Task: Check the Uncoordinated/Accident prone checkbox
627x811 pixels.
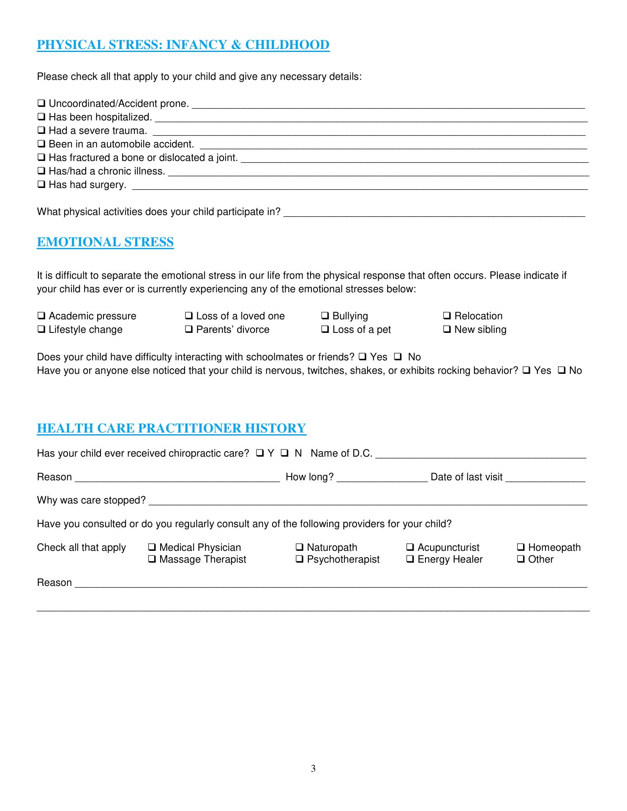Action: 41,103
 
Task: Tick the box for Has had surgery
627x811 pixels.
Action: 41,185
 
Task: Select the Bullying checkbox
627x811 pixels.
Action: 325,316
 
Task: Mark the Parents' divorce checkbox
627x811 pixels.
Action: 189,329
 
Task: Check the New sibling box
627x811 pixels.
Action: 447,329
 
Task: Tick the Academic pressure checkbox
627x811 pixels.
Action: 41,316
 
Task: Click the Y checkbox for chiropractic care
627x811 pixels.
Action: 259,453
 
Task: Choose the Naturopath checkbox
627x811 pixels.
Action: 300,547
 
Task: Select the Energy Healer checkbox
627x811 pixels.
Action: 410,559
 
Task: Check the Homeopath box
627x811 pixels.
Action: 521,547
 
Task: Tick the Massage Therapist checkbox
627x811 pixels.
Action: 152,559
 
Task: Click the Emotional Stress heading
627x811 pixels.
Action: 105,242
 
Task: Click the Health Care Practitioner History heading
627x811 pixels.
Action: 171,428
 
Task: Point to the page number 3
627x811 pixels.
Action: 313,769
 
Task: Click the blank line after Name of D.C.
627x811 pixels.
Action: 480,454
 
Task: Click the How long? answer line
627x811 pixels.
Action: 382,478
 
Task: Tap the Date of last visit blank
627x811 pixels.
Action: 545,478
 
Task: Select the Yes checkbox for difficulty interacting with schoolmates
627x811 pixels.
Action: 363,357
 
